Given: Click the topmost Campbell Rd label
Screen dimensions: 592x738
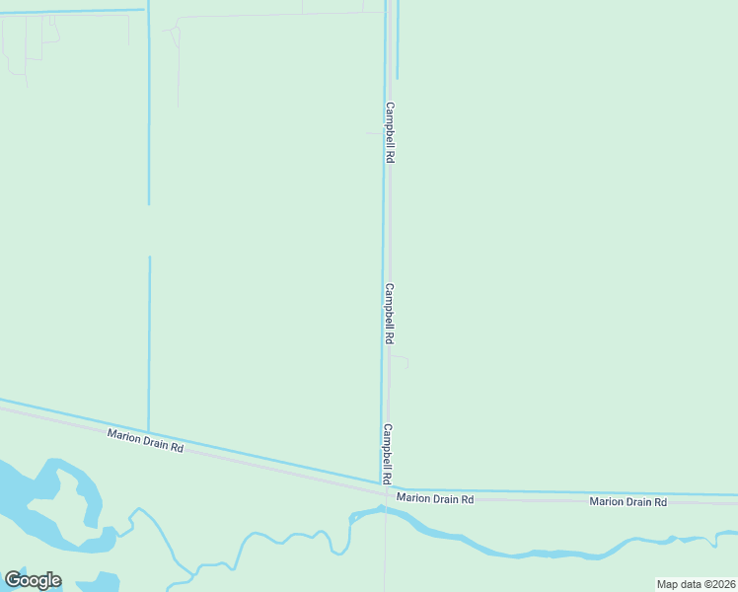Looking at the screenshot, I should [x=391, y=132].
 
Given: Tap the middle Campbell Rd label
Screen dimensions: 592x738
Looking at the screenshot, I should [x=390, y=314].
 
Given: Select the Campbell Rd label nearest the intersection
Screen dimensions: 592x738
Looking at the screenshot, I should [x=389, y=454].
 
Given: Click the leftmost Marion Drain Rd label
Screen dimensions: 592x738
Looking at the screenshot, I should [x=145, y=440].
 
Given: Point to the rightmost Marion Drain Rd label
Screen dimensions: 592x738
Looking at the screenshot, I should [x=628, y=502].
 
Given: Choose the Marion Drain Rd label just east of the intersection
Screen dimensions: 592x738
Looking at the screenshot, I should [x=435, y=499].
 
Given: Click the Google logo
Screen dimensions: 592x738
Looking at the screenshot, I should [x=33, y=580].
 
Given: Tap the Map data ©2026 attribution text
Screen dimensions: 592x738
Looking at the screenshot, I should [x=696, y=584].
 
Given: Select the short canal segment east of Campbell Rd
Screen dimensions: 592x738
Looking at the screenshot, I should [x=398, y=39].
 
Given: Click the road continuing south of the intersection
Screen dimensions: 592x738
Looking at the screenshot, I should [x=386, y=553].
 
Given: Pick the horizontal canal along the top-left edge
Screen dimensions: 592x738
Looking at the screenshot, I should [x=69, y=11].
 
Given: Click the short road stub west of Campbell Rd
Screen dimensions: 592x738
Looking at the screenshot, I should [x=373, y=133].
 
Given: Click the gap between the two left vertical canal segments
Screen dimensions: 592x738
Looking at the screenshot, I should [x=149, y=231].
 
